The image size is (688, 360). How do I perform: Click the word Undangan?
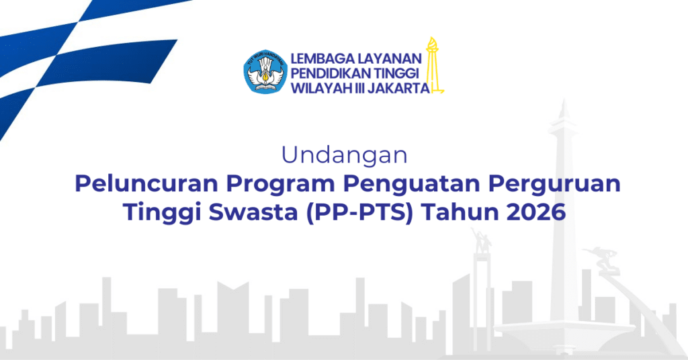tap(345, 154)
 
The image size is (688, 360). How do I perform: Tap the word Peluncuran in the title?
tap(146, 183)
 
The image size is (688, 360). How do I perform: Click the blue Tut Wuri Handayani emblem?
tap(265, 71)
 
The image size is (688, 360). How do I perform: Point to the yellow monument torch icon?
tap(433, 65)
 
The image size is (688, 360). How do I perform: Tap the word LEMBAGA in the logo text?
tap(322, 58)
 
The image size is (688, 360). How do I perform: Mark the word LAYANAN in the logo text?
tap(390, 58)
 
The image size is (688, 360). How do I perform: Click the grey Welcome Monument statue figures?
tap(481, 240)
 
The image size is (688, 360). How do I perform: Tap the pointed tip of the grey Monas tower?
tap(564, 100)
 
